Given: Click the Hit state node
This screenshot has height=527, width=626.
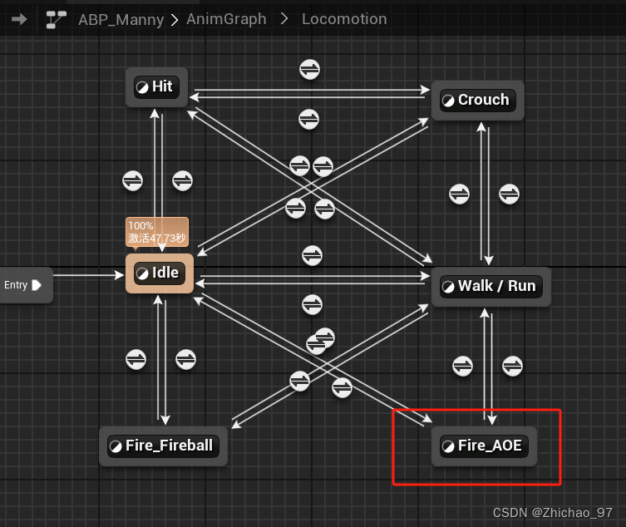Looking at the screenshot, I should pyautogui.click(x=157, y=86).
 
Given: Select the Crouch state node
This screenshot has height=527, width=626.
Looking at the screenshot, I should pyautogui.click(x=477, y=100).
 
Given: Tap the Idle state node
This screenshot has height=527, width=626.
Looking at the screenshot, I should pyautogui.click(x=160, y=273).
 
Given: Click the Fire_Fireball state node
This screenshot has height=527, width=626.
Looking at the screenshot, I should pyautogui.click(x=162, y=446).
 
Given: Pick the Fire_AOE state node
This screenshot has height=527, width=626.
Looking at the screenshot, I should pyautogui.click(x=484, y=446).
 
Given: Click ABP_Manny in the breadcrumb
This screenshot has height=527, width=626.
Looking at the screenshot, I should pyautogui.click(x=121, y=18).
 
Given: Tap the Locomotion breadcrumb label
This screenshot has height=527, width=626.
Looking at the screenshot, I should pyautogui.click(x=344, y=18).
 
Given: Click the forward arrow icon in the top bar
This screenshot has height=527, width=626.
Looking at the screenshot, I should pyautogui.click(x=19, y=18).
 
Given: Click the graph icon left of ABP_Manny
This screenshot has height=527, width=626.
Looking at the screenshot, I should pyautogui.click(x=57, y=18).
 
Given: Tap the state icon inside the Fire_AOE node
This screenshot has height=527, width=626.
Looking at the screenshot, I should pyautogui.click(x=448, y=446).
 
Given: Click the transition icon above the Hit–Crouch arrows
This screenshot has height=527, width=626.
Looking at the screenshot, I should pyautogui.click(x=310, y=70).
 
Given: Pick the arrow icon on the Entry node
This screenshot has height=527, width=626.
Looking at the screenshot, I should pyautogui.click(x=37, y=285).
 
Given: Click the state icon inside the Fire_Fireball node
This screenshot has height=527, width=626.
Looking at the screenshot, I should pyautogui.click(x=116, y=446).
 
